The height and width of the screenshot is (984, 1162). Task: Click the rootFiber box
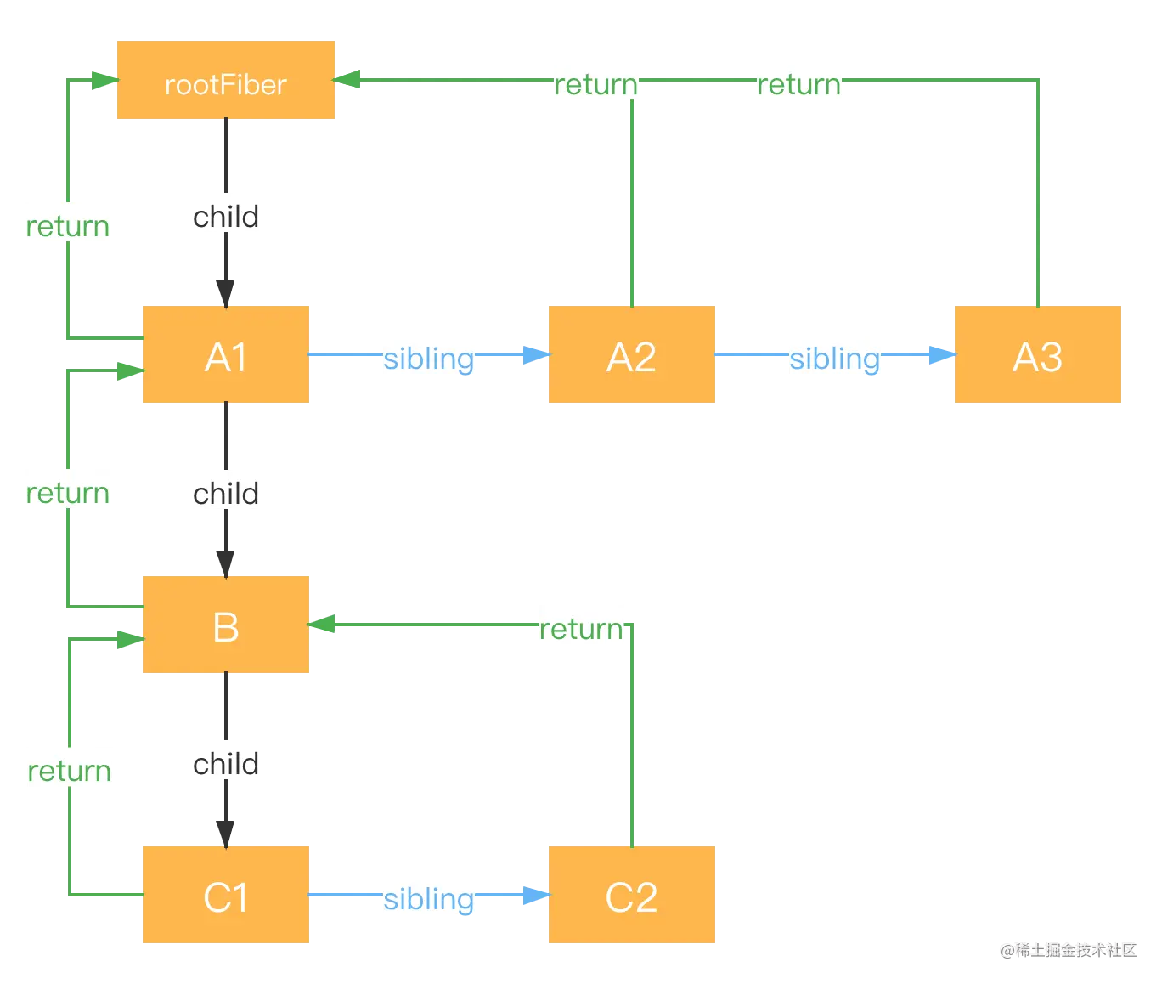[x=227, y=82]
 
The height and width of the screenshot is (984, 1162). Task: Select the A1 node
[x=227, y=356]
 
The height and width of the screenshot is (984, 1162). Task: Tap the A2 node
[x=631, y=356]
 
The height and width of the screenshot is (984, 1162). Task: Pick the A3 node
[x=1036, y=356]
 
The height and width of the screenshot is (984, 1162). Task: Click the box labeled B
[x=227, y=626]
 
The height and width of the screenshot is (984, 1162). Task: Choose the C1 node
[x=227, y=896]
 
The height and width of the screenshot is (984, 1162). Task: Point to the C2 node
[x=631, y=896]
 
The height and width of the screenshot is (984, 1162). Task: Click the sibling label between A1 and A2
[x=428, y=358]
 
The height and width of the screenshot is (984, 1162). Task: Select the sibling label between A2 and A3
[x=835, y=358]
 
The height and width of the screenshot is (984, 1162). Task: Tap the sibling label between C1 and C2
[x=428, y=897]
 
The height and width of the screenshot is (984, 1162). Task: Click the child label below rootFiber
[x=226, y=216]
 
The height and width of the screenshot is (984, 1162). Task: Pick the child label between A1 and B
[x=226, y=492]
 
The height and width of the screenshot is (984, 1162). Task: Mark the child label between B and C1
[x=226, y=762]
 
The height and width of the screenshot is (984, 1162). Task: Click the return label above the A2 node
[x=595, y=82]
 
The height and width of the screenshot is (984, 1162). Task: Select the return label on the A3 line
[x=798, y=82]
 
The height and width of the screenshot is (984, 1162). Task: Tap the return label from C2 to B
[x=581, y=627]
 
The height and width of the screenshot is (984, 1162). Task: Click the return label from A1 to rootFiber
[x=68, y=225]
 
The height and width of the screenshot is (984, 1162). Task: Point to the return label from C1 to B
[x=70, y=769]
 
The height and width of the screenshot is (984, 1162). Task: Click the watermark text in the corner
[x=1069, y=948]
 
